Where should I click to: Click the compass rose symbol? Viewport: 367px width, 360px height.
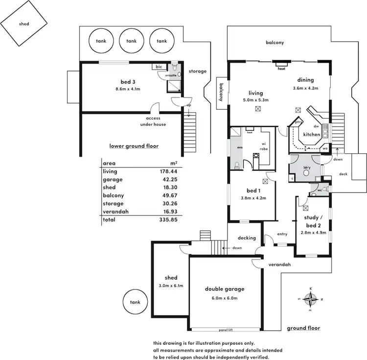click(x=311, y=298)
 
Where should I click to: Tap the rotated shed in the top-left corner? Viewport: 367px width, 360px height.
click(x=24, y=24)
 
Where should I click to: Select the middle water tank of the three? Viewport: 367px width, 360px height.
click(x=132, y=41)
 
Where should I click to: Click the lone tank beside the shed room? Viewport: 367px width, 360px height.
click(x=135, y=302)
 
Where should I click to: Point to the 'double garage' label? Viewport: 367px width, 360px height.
click(x=225, y=289)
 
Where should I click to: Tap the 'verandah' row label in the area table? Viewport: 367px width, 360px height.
click(x=114, y=212)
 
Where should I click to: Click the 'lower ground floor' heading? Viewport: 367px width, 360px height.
click(x=134, y=146)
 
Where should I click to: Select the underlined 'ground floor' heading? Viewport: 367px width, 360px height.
click(x=303, y=328)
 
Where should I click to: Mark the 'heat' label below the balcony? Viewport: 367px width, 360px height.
click(x=281, y=69)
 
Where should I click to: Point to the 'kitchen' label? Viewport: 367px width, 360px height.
click(x=311, y=134)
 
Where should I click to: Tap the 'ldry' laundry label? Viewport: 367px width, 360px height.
click(x=307, y=167)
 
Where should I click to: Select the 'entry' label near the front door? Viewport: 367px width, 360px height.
click(x=282, y=234)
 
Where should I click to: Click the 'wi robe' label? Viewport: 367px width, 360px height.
click(x=263, y=145)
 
